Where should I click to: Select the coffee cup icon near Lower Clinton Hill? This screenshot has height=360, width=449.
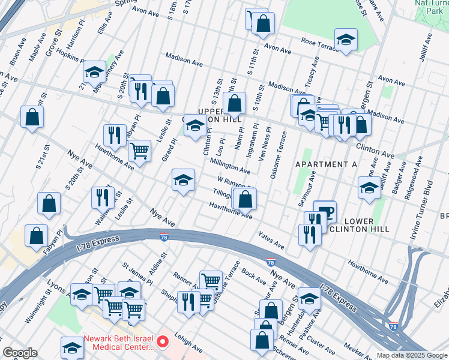325,211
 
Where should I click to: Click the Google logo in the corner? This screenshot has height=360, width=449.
20,353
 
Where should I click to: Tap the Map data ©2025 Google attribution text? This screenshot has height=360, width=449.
411,355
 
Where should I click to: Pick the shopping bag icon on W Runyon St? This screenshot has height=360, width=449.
245,199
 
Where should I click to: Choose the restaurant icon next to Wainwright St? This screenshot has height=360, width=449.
103,196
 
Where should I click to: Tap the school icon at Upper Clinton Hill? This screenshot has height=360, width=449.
194,125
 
